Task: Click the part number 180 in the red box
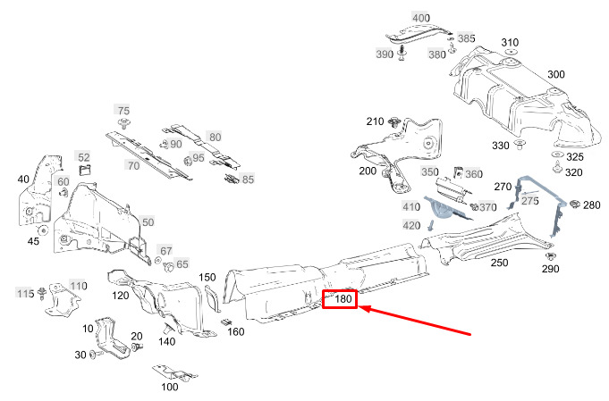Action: [x=343, y=300]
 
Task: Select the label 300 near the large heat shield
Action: [x=555, y=74]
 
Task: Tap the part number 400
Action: [x=420, y=18]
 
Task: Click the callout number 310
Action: [x=510, y=43]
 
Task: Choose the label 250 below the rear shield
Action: [x=499, y=263]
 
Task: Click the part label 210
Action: [x=376, y=121]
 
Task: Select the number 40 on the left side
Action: [x=23, y=180]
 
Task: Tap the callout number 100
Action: [x=169, y=387]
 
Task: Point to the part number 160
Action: [x=236, y=332]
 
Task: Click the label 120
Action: [x=120, y=295]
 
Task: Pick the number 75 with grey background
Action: [x=123, y=110]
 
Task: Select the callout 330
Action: [x=501, y=145]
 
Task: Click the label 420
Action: [x=410, y=225]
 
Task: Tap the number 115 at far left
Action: [x=25, y=293]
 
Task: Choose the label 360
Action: [x=473, y=174]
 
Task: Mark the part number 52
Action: [x=83, y=157]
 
